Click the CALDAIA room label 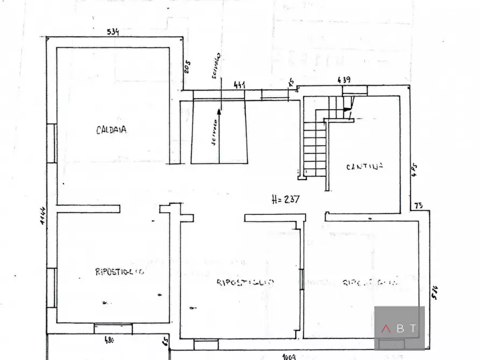coord(111,129)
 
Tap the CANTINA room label coord(364,166)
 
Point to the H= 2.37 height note coord(285,199)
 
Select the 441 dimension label coord(239,85)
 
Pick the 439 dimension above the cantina coord(344,80)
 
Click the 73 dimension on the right coord(419,205)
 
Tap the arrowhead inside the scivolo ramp coord(219,113)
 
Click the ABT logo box coord(399,328)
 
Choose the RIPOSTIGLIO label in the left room coord(119,272)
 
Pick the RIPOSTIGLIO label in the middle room coord(246,282)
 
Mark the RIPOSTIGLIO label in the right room coord(370,282)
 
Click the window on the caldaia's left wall coord(52,143)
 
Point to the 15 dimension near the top coord(291,82)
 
